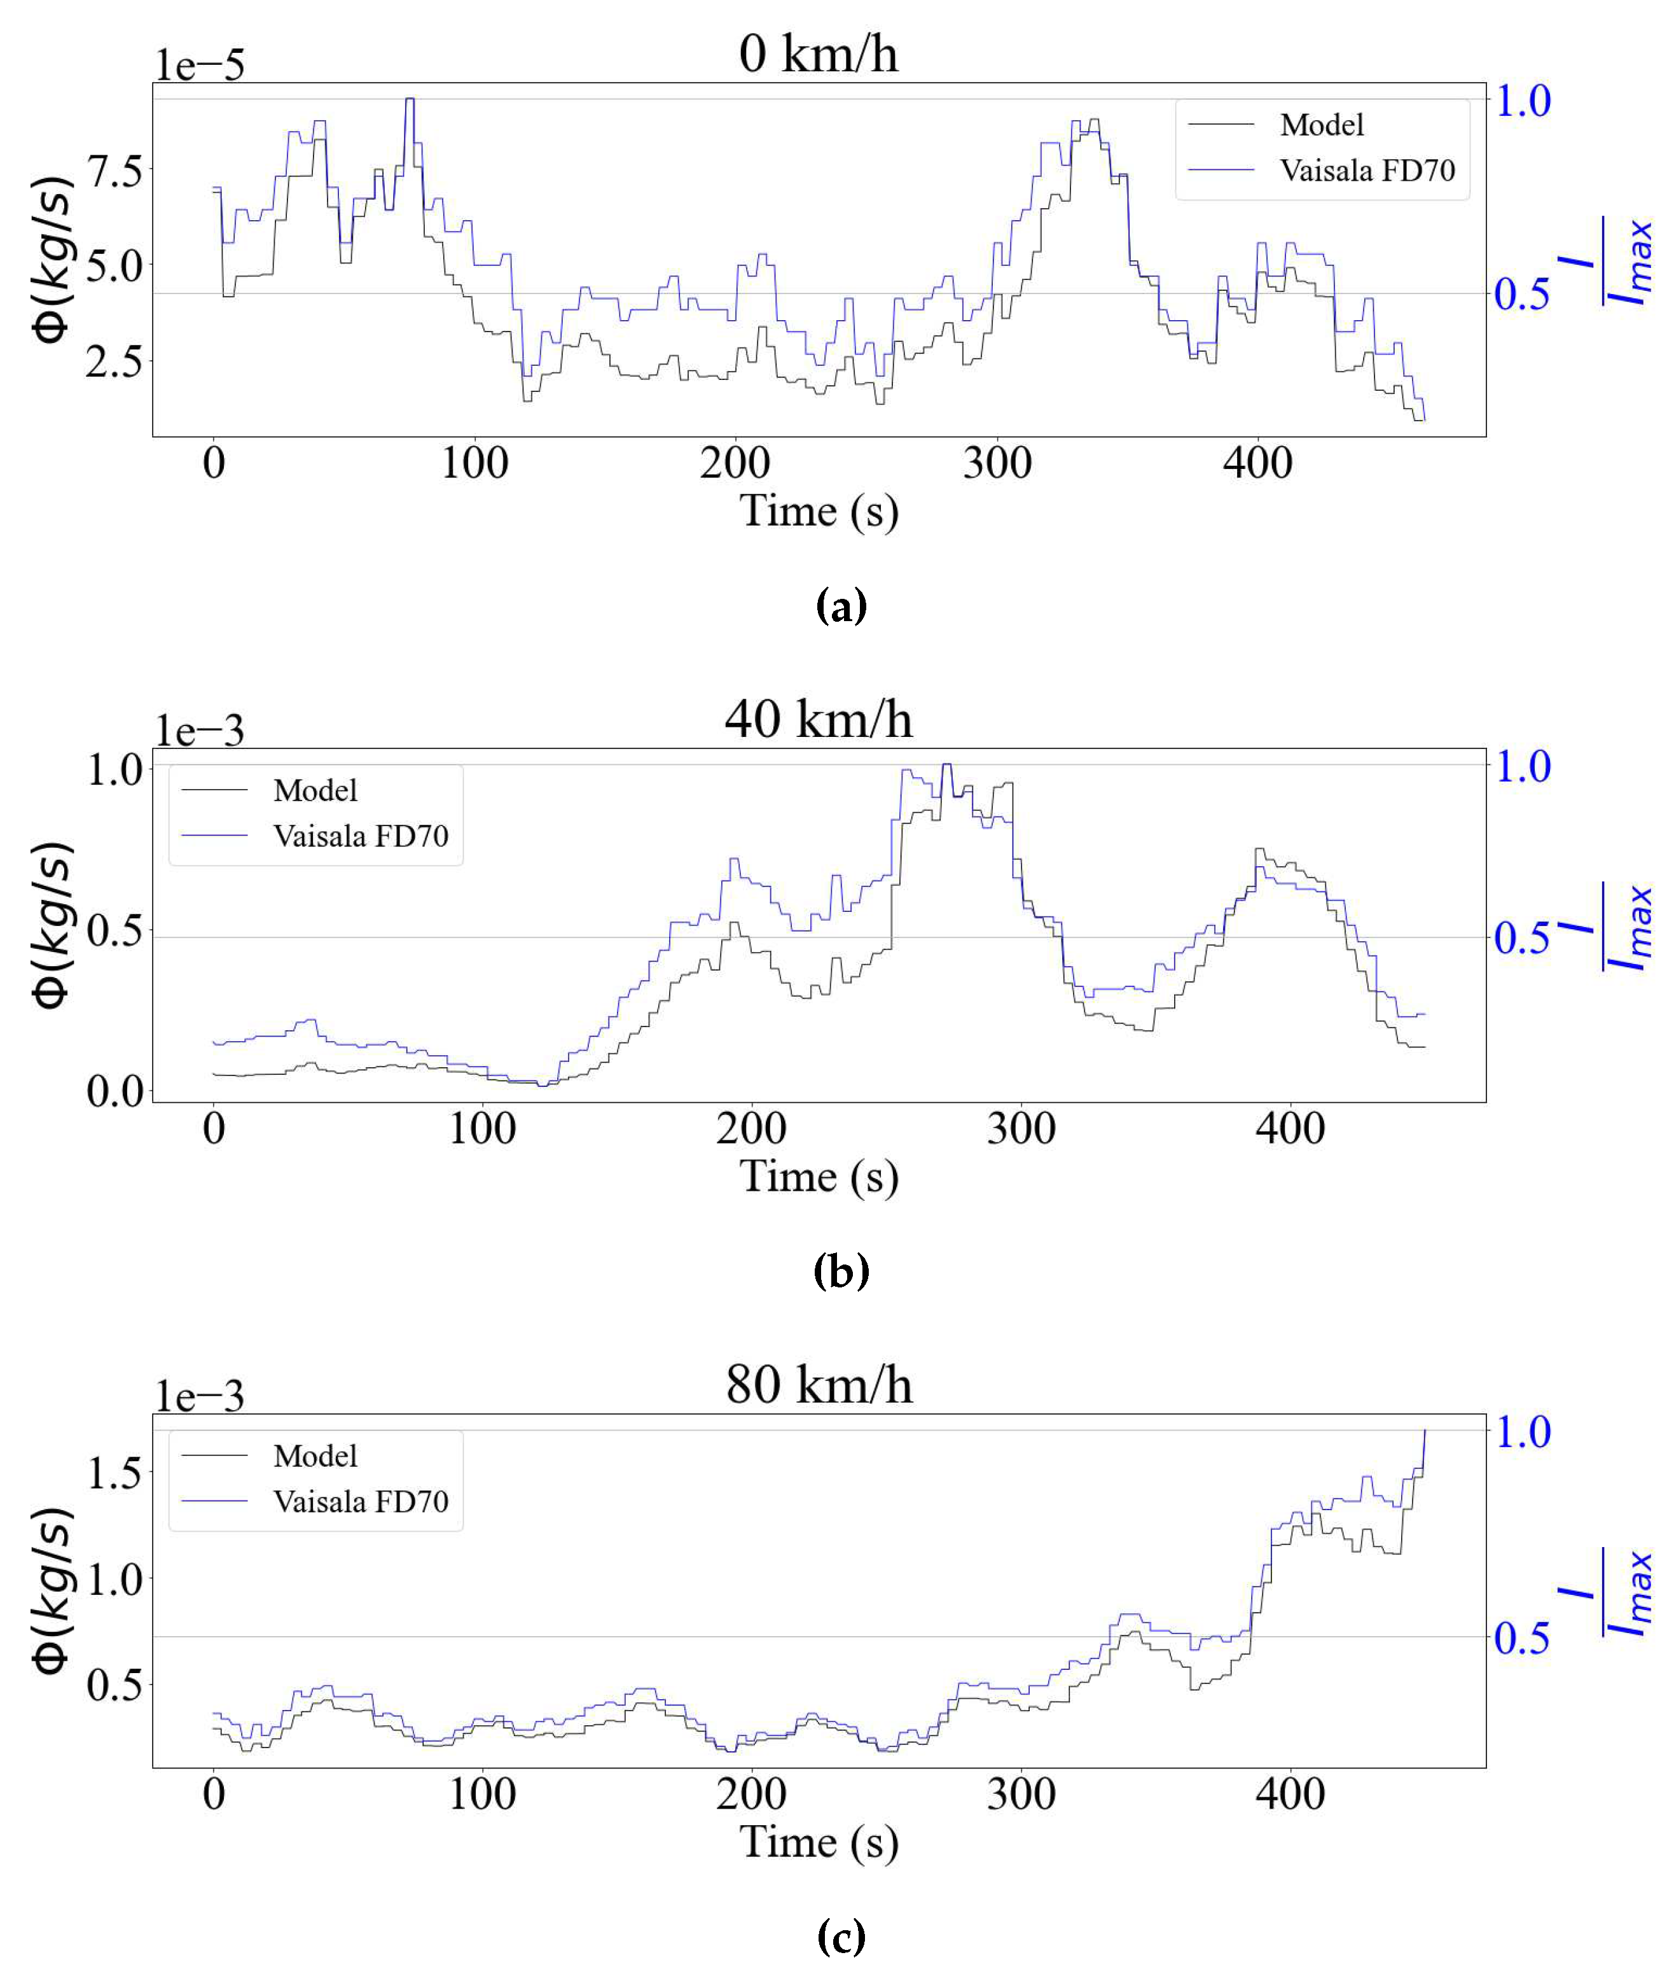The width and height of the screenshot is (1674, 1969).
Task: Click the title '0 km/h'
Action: [x=818, y=53]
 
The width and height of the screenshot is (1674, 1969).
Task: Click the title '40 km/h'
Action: [x=818, y=718]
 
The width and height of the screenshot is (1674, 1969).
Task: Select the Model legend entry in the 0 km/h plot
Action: [x=1321, y=124]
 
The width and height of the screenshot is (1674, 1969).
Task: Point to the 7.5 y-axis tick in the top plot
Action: [x=114, y=171]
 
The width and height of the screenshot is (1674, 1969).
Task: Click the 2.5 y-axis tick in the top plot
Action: [x=114, y=361]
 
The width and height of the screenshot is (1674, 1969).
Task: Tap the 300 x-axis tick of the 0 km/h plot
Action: [x=997, y=463]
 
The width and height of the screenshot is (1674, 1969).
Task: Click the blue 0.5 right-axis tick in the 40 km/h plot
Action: [x=1522, y=938]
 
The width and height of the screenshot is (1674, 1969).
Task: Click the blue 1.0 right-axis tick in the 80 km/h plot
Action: [x=1522, y=1432]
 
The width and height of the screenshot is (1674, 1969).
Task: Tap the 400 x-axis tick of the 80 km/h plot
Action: [x=1290, y=1795]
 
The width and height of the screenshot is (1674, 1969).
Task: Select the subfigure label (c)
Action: [x=841, y=1937]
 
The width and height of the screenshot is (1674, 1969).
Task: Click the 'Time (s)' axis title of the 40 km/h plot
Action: [x=818, y=1176]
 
